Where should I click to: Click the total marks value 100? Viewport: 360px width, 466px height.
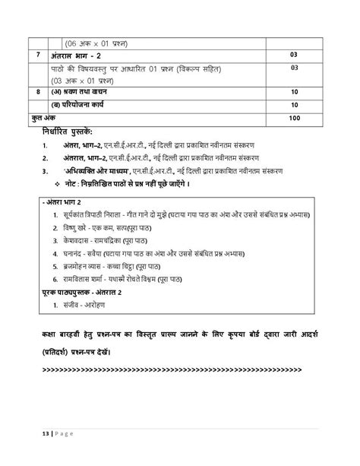(295, 118)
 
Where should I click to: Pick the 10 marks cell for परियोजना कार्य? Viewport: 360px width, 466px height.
(295, 105)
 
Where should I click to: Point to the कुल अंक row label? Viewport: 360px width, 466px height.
(33, 118)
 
